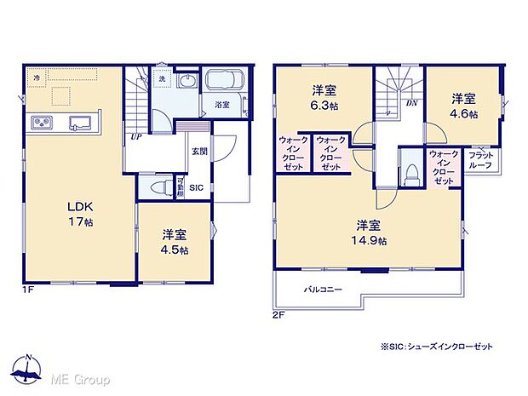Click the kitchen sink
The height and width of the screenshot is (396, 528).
(80, 121)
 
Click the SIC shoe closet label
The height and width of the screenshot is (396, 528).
(196, 188)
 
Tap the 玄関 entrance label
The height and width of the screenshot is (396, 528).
(198, 151)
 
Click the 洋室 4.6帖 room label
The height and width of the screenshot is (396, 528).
(463, 105)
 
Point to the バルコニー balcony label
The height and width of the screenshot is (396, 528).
(324, 290)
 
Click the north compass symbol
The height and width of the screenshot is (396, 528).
(28, 371)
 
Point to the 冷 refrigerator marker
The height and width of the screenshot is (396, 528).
(37, 78)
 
